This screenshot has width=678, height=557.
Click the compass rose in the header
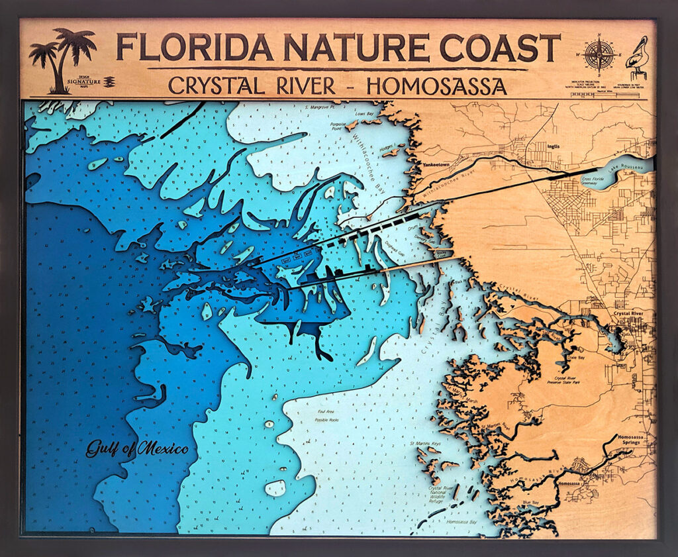point(600,54)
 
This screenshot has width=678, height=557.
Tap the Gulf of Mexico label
point(137,450)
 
